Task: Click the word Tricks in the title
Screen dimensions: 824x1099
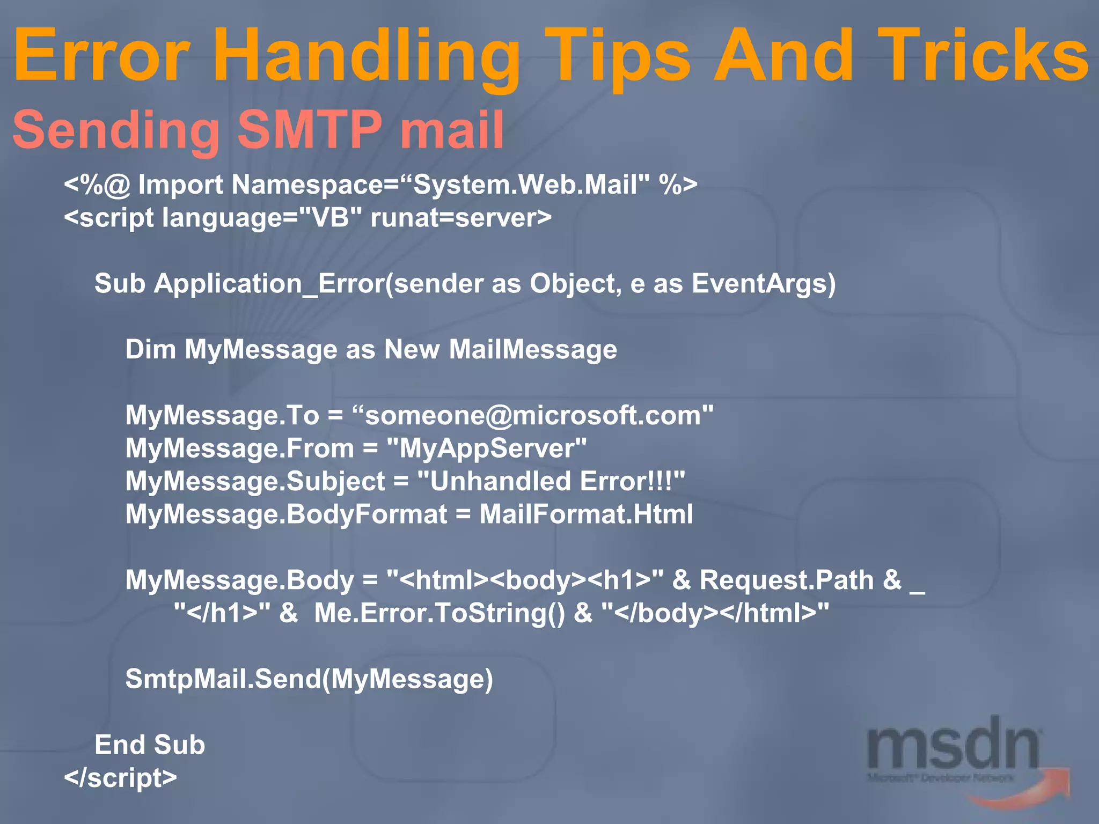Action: coord(982,56)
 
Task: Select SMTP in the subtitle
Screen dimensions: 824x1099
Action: coord(310,130)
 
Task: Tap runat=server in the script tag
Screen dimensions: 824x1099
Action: coord(460,218)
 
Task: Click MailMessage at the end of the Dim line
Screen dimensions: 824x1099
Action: coord(533,350)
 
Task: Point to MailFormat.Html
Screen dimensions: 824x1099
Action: coord(586,514)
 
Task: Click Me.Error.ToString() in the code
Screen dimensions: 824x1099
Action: coord(439,613)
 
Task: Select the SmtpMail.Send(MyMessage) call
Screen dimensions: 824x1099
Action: coord(309,679)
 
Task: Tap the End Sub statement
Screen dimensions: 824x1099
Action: coord(150,745)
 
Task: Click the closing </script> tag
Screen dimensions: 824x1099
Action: coord(120,778)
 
